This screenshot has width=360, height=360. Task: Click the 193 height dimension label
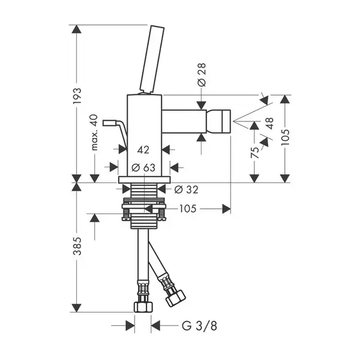click(77, 96)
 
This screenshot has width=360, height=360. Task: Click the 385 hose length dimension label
click(77, 246)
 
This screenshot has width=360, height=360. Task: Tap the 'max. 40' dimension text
click(94, 133)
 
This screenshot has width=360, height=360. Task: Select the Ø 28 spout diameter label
click(202, 75)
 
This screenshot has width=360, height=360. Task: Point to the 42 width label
click(143, 150)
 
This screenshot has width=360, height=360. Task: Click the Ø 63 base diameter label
click(143, 167)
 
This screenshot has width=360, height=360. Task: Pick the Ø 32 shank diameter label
click(186, 190)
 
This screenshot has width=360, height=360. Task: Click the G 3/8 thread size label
click(199, 326)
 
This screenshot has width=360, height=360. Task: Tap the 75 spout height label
click(254, 152)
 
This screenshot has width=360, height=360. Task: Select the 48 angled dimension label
click(269, 124)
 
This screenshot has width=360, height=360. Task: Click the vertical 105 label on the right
click(286, 137)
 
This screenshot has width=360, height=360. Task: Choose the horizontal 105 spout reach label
click(188, 209)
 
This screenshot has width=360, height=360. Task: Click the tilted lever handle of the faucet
click(152, 60)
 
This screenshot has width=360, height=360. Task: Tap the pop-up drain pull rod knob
click(110, 123)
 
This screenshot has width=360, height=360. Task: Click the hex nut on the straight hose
click(143, 307)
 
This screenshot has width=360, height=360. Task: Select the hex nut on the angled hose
click(176, 298)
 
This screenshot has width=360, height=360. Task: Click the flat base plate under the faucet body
click(145, 180)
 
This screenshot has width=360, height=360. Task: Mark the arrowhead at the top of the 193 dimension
click(76, 29)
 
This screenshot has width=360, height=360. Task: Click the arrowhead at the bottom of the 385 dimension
click(76, 308)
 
